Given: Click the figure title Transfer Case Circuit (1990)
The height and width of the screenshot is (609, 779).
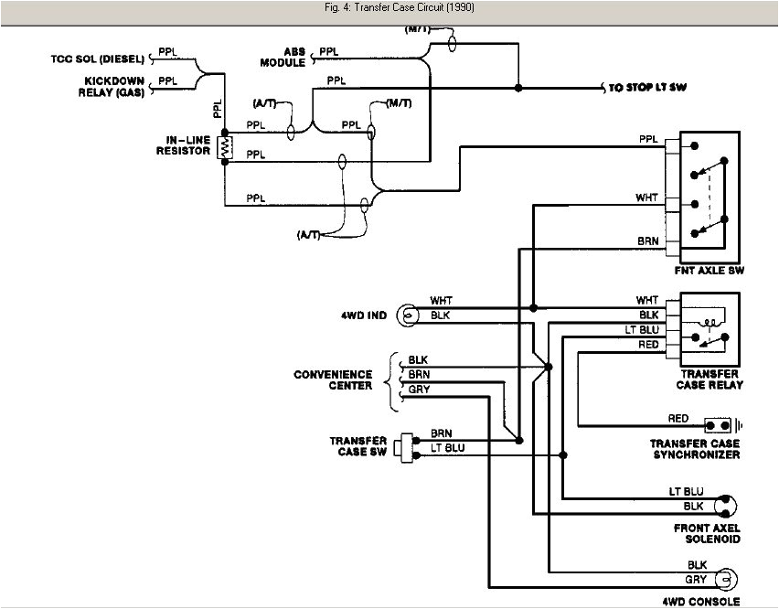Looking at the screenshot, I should (x=389, y=8).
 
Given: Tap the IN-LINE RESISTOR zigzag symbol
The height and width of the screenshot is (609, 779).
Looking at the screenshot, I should (x=224, y=146).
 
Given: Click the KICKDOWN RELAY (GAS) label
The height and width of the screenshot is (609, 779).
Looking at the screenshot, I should (x=110, y=86).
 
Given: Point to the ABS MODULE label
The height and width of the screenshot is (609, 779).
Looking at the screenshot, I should (x=283, y=58).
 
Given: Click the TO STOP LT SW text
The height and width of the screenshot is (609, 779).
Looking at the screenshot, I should (x=647, y=88).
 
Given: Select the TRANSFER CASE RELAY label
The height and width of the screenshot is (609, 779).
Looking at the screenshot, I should (x=710, y=379).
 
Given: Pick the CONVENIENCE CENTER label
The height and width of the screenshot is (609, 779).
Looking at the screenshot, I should (x=333, y=380).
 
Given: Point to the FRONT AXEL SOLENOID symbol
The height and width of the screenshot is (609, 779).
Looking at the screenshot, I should (x=728, y=504).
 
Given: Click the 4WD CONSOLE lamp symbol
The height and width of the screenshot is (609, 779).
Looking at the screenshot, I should (x=728, y=579).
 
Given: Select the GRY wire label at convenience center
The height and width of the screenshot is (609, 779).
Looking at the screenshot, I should (x=419, y=390).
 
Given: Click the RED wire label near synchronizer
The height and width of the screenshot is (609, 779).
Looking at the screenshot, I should (x=678, y=419).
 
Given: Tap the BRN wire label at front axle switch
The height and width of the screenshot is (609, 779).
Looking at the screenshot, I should (x=647, y=241).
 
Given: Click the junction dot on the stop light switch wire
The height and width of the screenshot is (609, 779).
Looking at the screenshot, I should (x=518, y=88).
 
